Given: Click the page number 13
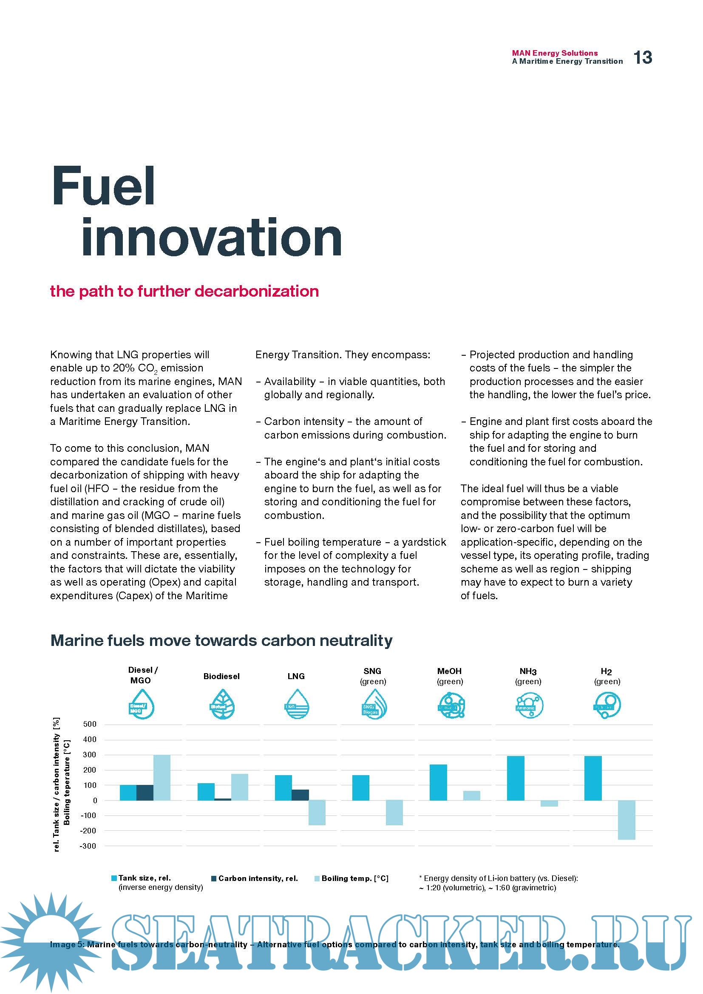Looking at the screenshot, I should coord(642,57).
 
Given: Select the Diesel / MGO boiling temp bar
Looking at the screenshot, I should coord(162,777).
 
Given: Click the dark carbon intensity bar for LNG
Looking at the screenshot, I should coord(300,795).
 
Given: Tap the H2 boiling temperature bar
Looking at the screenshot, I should coord(626,819).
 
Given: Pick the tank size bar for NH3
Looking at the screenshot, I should coord(515,778).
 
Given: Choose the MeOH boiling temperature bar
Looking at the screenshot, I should coord(471,795).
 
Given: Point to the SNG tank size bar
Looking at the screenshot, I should coord(360,787).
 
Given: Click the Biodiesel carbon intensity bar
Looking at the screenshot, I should coord(222,799).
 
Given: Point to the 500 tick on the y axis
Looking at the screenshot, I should coord(90,724).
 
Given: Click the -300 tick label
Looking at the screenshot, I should coord(88,846).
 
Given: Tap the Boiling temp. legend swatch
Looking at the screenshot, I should coord(317,878).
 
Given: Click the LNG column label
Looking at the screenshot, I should coord(296,676).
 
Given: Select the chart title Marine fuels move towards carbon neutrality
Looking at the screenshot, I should coord(221,640).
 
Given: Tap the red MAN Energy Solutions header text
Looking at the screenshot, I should coord(555,53).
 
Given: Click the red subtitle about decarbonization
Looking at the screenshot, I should coord(184,291).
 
